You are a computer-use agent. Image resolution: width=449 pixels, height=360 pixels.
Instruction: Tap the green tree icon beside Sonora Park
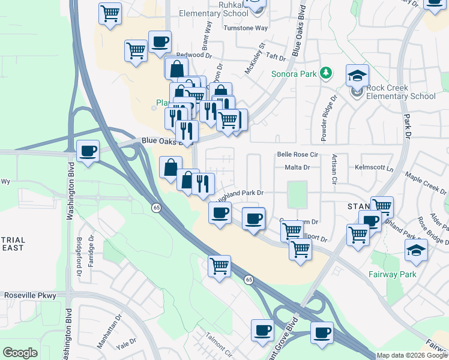pyautogui.click(x=326, y=73)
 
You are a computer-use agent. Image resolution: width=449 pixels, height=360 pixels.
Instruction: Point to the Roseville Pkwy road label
pyautogui.click(x=30, y=295)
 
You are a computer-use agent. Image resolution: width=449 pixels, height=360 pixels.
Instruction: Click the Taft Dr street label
pyautogui.click(x=276, y=57)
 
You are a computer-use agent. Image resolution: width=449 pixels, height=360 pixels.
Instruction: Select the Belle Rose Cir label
pyautogui.click(x=297, y=154)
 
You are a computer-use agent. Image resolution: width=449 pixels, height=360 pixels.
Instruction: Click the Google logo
pyautogui.click(x=20, y=353)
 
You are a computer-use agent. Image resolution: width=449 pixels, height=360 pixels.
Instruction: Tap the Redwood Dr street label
pyautogui.click(x=194, y=55)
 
